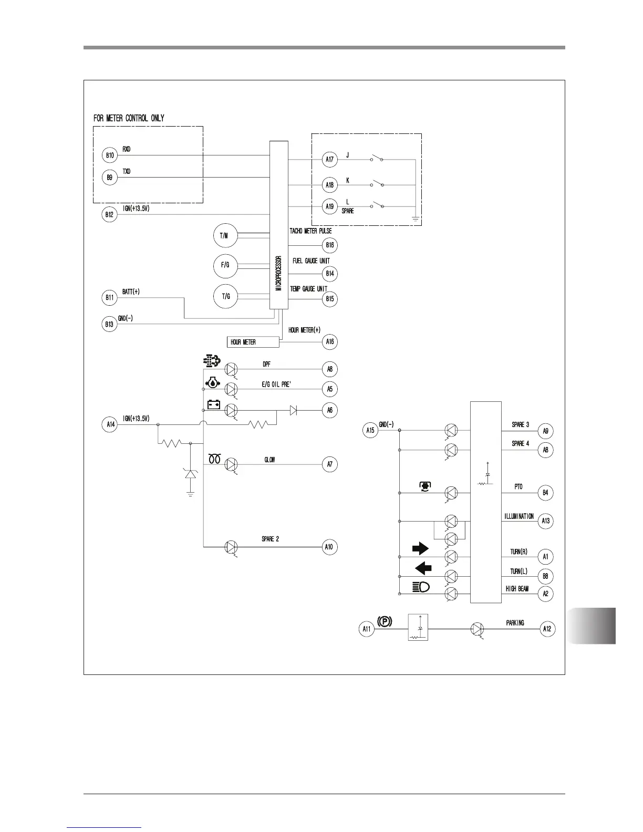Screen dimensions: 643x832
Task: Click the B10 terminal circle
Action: (x=110, y=155)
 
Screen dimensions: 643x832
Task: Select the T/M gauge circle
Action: (x=225, y=236)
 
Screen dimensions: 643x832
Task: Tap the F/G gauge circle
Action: (x=225, y=265)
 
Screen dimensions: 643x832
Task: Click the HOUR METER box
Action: (x=253, y=342)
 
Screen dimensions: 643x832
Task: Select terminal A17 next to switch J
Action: (x=329, y=159)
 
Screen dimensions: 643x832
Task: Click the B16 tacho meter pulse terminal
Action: (x=329, y=245)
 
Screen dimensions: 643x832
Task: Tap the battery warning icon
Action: (x=213, y=405)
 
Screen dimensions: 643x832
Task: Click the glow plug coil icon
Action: (x=214, y=459)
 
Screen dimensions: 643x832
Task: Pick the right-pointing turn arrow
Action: (x=420, y=549)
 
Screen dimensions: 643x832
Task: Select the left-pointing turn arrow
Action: (x=423, y=568)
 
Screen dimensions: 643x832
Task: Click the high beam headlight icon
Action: (x=421, y=587)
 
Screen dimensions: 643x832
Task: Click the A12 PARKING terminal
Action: (x=547, y=629)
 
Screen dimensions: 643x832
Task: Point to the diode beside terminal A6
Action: (x=293, y=411)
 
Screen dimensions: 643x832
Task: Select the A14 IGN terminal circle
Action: (x=109, y=424)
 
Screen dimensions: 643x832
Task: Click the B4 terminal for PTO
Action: (x=546, y=493)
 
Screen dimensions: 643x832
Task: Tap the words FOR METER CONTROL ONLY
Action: (x=129, y=118)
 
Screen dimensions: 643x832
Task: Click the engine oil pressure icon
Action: (x=212, y=383)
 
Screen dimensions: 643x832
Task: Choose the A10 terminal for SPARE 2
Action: (x=329, y=547)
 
